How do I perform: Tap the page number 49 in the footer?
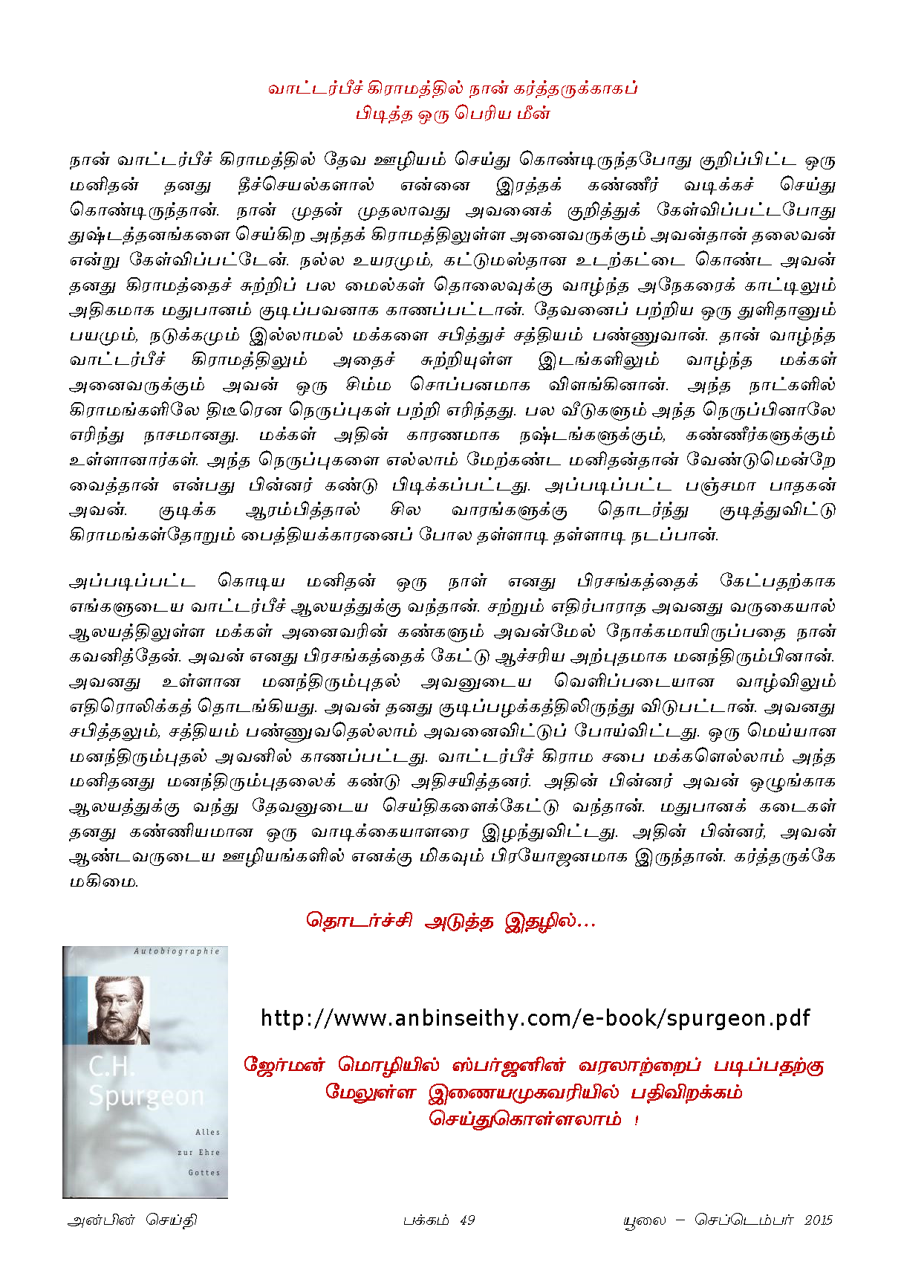click(x=467, y=1220)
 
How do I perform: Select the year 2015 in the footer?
click(x=818, y=1220)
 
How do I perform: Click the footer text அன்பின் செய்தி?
click(x=132, y=1220)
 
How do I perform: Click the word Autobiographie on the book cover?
click(x=177, y=951)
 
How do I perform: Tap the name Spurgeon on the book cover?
click(x=146, y=1095)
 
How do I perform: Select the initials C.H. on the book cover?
click(x=111, y=1066)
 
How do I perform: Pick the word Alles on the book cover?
click(x=207, y=1132)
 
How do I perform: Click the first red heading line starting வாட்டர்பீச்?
click(x=452, y=88)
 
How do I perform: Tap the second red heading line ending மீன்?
click(x=452, y=114)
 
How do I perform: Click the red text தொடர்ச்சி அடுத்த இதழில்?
click(x=451, y=921)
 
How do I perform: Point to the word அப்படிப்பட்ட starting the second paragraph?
click(x=132, y=581)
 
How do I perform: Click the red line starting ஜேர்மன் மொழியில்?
click(x=533, y=1065)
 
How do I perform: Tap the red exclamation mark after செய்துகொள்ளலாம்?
click(x=637, y=1120)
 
